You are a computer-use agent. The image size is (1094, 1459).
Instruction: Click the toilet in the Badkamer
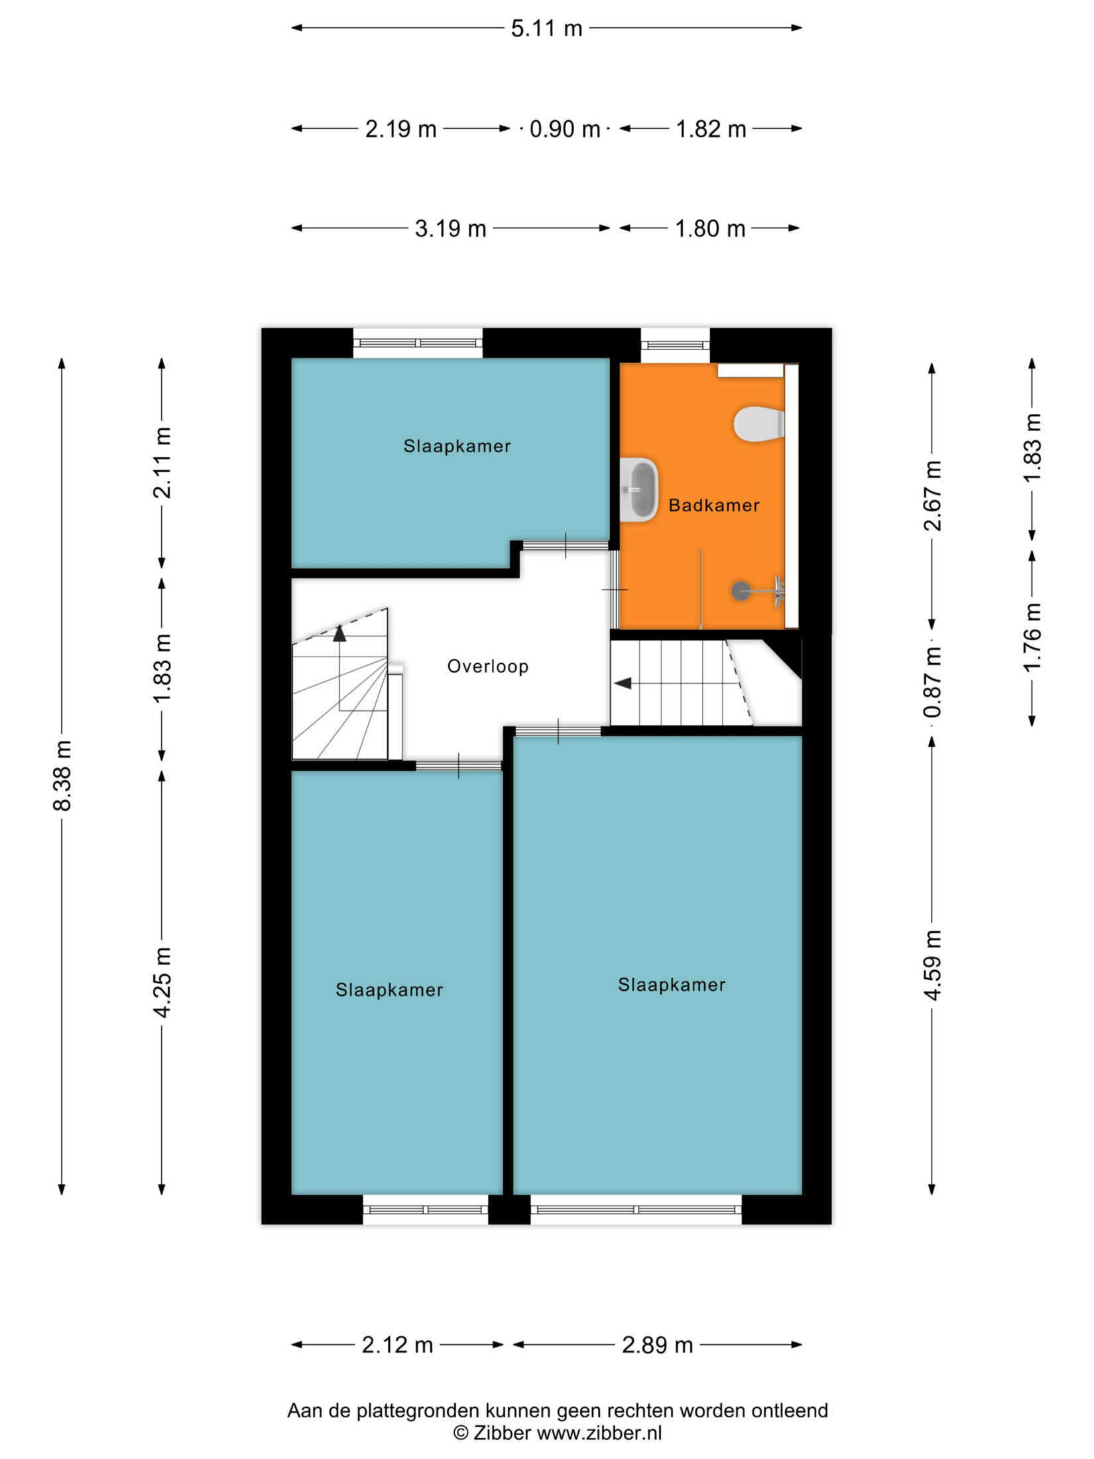tap(759, 424)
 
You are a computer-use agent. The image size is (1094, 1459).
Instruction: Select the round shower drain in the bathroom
tap(741, 590)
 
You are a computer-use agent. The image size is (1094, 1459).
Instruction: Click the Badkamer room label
tap(713, 505)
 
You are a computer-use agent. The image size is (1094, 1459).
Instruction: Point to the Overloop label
tap(488, 666)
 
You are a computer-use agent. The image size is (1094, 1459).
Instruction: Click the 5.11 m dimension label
tap(546, 29)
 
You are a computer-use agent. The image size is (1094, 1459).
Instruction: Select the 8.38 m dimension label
tap(62, 776)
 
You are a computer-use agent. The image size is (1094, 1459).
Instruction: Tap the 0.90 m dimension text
tap(564, 129)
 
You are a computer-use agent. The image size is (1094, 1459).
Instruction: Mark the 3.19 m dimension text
tap(450, 229)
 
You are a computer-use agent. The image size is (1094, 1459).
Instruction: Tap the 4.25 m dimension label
tap(162, 982)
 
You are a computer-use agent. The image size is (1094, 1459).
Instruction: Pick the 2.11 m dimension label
tap(162, 462)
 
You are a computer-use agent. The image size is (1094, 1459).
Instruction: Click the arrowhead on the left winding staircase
tap(339, 633)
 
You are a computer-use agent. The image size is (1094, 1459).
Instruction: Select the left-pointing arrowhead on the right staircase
tap(623, 683)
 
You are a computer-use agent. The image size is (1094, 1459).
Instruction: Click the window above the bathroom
tap(675, 344)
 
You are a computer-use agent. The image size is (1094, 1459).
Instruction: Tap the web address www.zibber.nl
tap(599, 1433)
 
